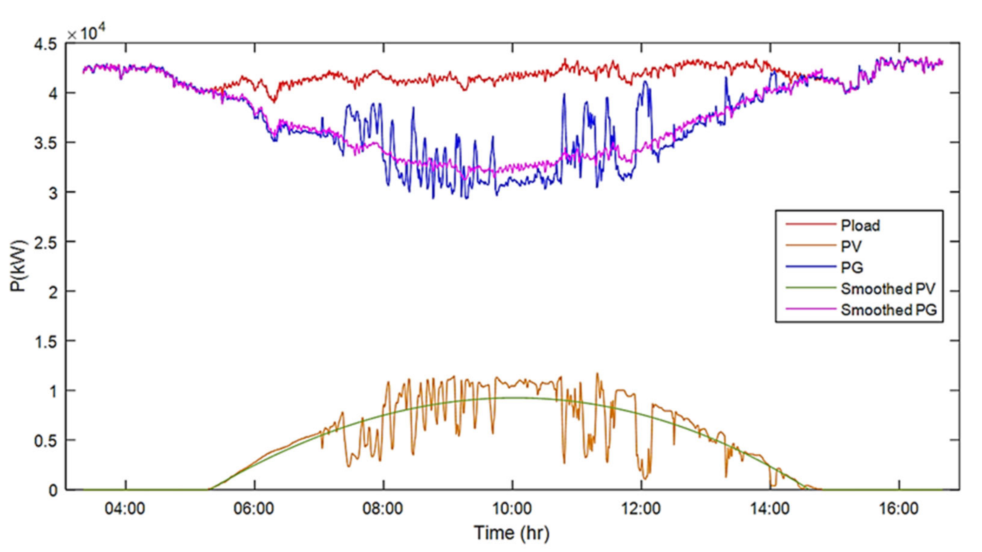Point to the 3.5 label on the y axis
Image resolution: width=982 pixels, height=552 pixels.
point(46,143)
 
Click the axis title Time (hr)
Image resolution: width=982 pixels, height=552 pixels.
point(512,533)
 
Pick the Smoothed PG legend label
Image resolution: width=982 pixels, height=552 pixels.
point(889,310)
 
